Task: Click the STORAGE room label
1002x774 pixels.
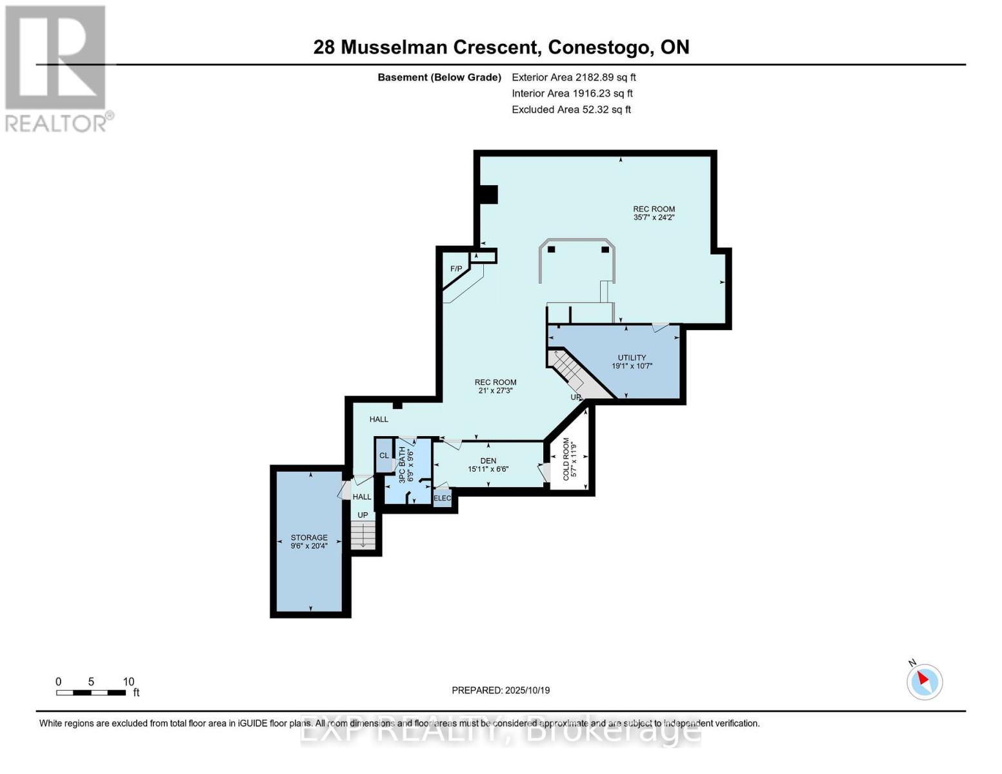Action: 309,537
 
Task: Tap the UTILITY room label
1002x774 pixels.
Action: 632,357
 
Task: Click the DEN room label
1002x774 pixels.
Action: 488,461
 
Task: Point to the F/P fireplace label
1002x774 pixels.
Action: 456,268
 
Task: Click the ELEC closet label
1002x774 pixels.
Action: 443,498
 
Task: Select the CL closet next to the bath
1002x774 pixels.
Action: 384,455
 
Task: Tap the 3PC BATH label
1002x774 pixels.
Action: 402,464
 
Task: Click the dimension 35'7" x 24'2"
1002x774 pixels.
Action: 654,217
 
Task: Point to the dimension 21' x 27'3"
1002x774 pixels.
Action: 496,390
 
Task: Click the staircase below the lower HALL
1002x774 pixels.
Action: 363,535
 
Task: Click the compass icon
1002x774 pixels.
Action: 925,681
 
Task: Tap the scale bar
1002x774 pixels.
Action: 91,693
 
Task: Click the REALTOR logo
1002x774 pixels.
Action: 56,68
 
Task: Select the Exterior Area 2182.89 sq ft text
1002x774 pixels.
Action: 574,77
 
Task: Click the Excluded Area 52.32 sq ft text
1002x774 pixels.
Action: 571,109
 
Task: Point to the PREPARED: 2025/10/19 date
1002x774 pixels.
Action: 501,690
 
